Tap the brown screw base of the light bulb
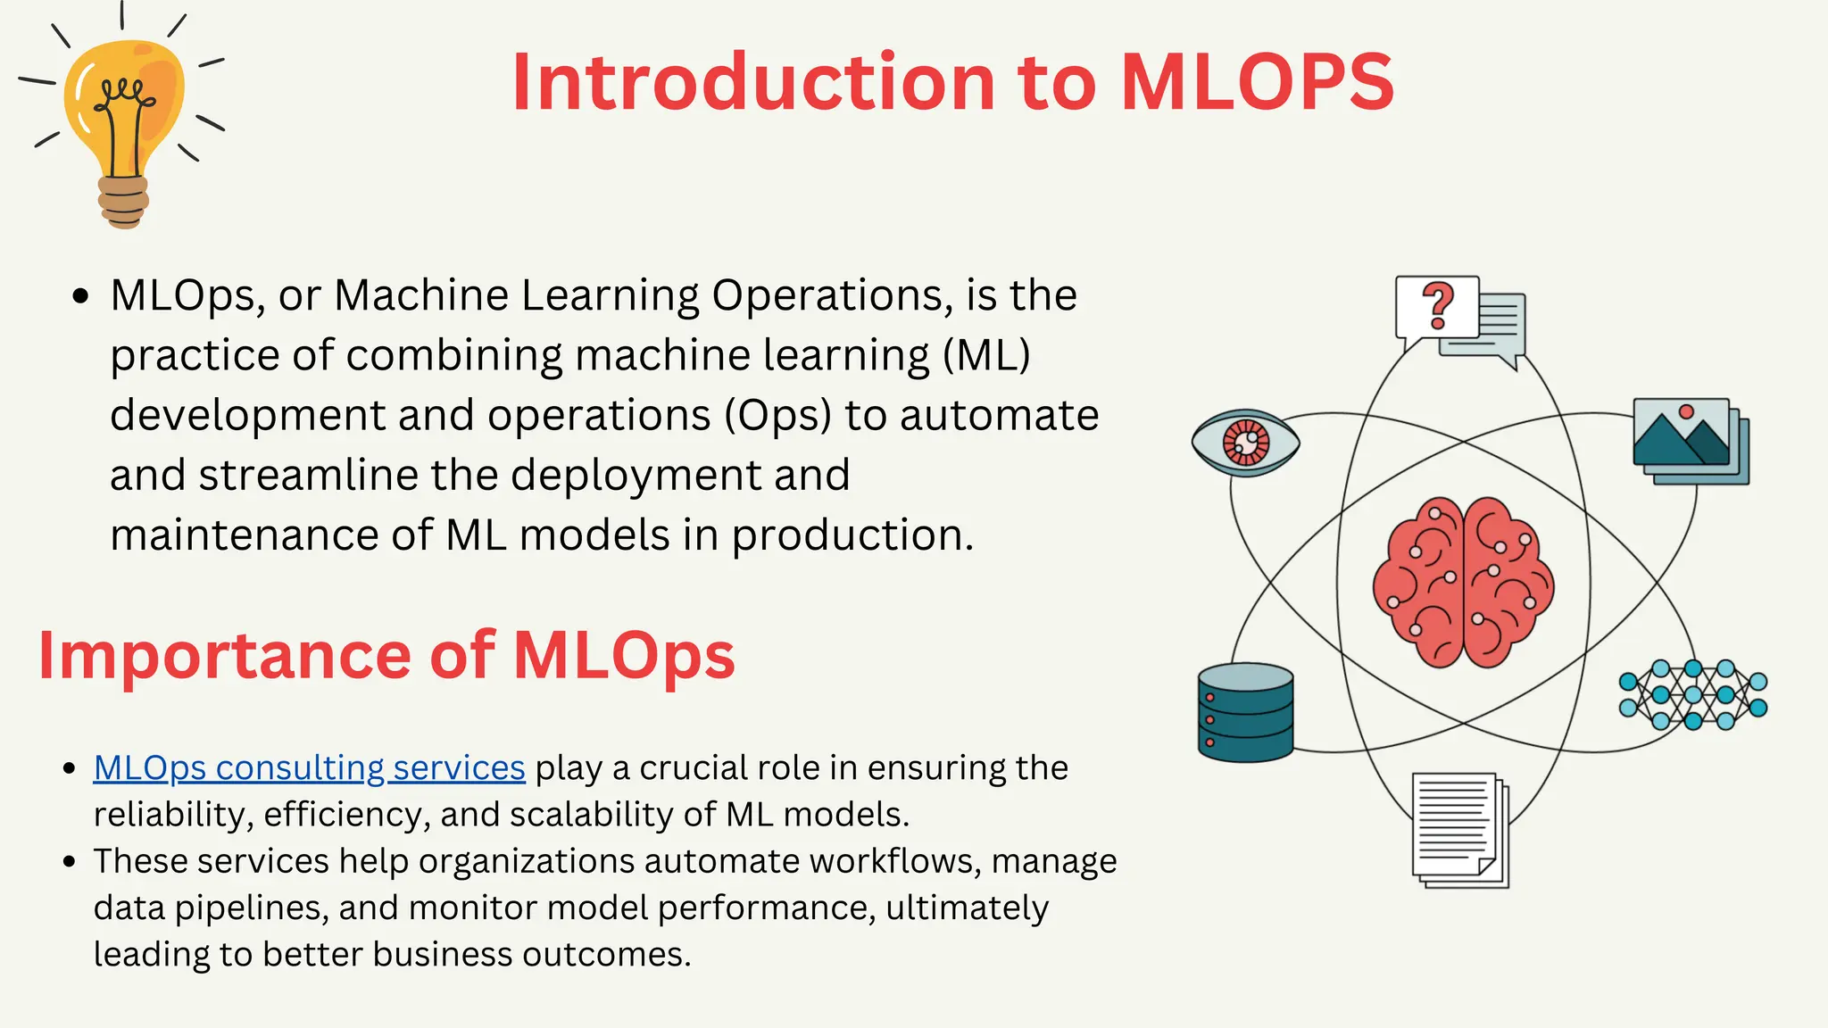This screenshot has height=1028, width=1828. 123,202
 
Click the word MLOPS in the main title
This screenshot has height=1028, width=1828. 1257,82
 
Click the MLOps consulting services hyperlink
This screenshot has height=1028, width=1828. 309,767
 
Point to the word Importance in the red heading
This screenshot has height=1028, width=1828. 224,656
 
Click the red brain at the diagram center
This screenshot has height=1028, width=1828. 1463,582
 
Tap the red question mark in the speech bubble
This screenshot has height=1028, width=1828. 1437,306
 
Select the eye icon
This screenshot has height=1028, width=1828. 1245,442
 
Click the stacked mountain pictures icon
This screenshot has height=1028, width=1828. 1690,441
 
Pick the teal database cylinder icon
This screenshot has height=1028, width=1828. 1245,712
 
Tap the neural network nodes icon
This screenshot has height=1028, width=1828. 1693,695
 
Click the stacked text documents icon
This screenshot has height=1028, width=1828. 1458,829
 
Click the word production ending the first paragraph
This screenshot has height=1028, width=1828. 852,535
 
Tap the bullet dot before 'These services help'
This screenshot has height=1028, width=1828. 70,862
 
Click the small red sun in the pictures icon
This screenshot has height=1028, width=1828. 1686,411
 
